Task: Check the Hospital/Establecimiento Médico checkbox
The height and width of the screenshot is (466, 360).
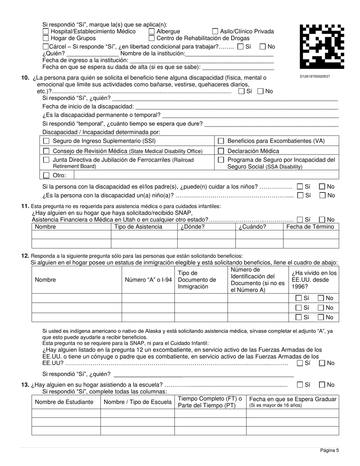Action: [x=46, y=31]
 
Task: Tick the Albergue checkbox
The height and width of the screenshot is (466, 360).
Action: [x=152, y=31]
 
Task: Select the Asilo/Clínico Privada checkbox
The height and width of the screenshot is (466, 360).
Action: [x=215, y=31]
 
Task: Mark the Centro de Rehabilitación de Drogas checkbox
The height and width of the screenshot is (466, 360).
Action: [x=152, y=38]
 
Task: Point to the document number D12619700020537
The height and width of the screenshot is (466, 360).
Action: [x=315, y=77]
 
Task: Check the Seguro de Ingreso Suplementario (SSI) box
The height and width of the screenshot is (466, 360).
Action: [x=46, y=141]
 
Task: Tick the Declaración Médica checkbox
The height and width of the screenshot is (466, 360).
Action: [x=221, y=151]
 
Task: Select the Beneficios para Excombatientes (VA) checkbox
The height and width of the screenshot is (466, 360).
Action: [x=221, y=141]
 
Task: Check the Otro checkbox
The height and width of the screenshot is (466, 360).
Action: [x=46, y=175]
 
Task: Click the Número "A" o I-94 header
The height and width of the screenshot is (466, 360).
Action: [x=148, y=280]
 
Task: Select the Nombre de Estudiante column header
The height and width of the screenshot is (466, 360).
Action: [x=64, y=402]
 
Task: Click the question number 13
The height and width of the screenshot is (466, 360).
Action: [x=25, y=385]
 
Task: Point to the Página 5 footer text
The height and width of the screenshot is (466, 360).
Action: [x=329, y=450]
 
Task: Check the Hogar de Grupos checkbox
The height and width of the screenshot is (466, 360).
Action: [x=46, y=38]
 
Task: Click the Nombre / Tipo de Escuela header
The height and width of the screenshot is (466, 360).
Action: [x=137, y=402]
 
